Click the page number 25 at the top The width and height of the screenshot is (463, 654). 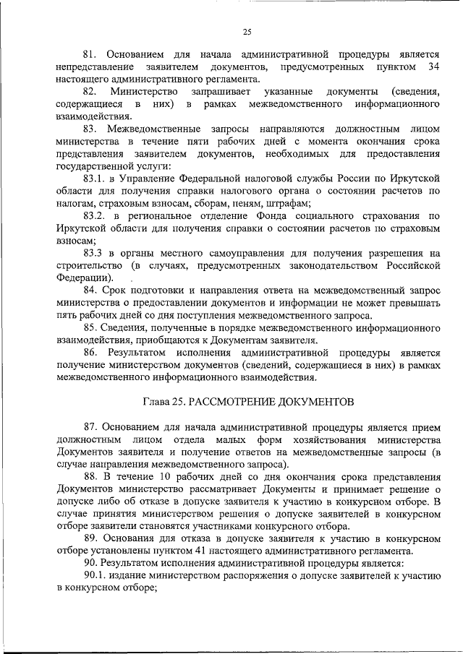246,31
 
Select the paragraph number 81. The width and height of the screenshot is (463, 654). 90,56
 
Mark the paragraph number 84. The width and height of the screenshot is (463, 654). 90,290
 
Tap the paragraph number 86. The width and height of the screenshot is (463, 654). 90,352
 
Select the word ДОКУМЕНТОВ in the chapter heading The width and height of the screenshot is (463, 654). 315,400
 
